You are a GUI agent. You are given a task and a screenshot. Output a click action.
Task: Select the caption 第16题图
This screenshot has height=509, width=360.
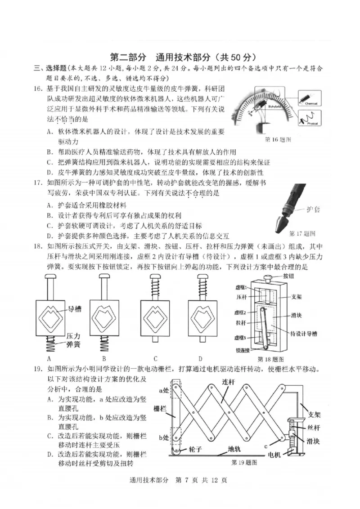click(279, 139)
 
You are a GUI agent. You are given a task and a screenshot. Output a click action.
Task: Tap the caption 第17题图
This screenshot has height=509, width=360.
click(301, 233)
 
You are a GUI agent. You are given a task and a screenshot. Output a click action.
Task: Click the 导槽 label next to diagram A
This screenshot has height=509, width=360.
click(74, 309)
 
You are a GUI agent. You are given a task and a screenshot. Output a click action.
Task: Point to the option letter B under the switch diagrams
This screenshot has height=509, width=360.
click(103, 358)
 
